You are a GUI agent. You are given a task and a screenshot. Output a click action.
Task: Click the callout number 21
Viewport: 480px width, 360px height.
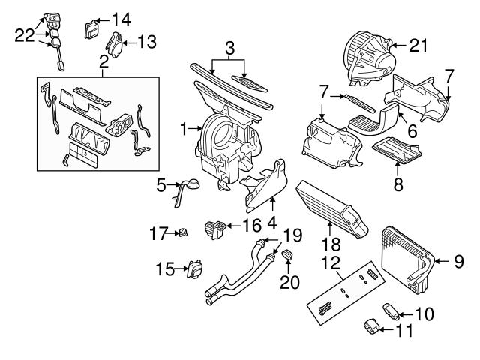[x=418, y=46]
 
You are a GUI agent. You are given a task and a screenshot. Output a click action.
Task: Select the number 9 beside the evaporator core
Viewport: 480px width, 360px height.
[x=459, y=261]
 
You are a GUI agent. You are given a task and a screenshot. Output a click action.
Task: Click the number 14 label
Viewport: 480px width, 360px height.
[x=121, y=17]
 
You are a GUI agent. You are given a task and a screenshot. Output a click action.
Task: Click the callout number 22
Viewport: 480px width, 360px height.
[x=25, y=34]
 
